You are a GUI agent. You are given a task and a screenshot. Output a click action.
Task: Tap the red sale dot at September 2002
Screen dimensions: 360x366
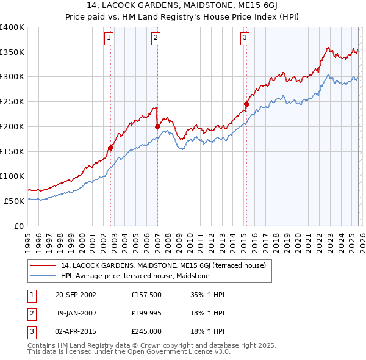tap(111, 147)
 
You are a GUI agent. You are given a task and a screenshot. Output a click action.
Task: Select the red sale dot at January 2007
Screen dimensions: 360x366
tap(157, 126)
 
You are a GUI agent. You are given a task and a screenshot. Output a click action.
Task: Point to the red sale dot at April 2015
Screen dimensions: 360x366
tap(246, 104)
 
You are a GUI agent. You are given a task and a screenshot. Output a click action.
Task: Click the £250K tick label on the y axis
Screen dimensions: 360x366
tap(12, 101)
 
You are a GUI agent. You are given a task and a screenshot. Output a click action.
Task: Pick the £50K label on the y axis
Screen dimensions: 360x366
tap(15, 201)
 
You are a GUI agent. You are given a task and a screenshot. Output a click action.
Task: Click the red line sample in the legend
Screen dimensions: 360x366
tap(44, 266)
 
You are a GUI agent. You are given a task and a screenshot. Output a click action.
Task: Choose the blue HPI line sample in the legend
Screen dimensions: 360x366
tap(44, 276)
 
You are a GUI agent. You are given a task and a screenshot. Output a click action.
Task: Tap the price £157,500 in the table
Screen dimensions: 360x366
tap(146, 295)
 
